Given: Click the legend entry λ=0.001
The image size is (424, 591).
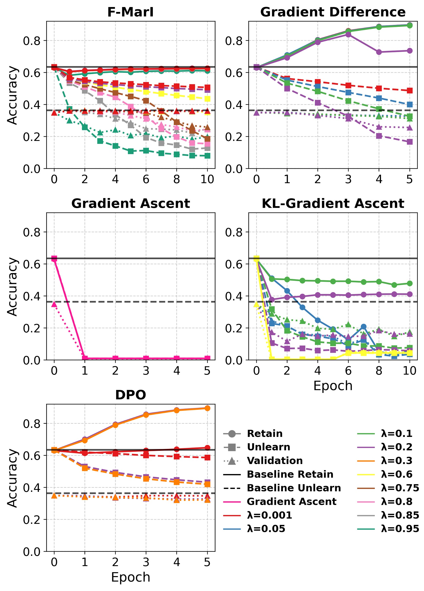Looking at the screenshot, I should click(269, 515).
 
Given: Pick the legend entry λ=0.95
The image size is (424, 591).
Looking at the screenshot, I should click(400, 529).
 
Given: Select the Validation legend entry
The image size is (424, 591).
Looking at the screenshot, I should click(275, 461).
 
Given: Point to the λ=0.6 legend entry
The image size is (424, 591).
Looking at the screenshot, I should click(396, 474).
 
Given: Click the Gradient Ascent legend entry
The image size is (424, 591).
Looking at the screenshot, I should click(291, 502).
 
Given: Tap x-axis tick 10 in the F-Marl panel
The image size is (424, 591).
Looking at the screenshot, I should click(207, 179).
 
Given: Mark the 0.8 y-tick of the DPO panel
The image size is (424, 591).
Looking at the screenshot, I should click(31, 423).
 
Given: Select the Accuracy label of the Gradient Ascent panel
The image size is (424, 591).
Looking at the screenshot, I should click(12, 286).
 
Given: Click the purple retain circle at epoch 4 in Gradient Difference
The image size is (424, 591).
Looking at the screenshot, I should click(379, 52).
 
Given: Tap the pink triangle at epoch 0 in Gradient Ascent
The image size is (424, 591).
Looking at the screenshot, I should click(54, 304).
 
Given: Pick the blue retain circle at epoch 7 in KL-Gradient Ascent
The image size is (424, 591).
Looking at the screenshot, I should click(363, 327).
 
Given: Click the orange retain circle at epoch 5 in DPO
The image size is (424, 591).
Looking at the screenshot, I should click(207, 408).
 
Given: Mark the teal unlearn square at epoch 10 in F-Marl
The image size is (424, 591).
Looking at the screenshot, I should click(207, 156).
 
